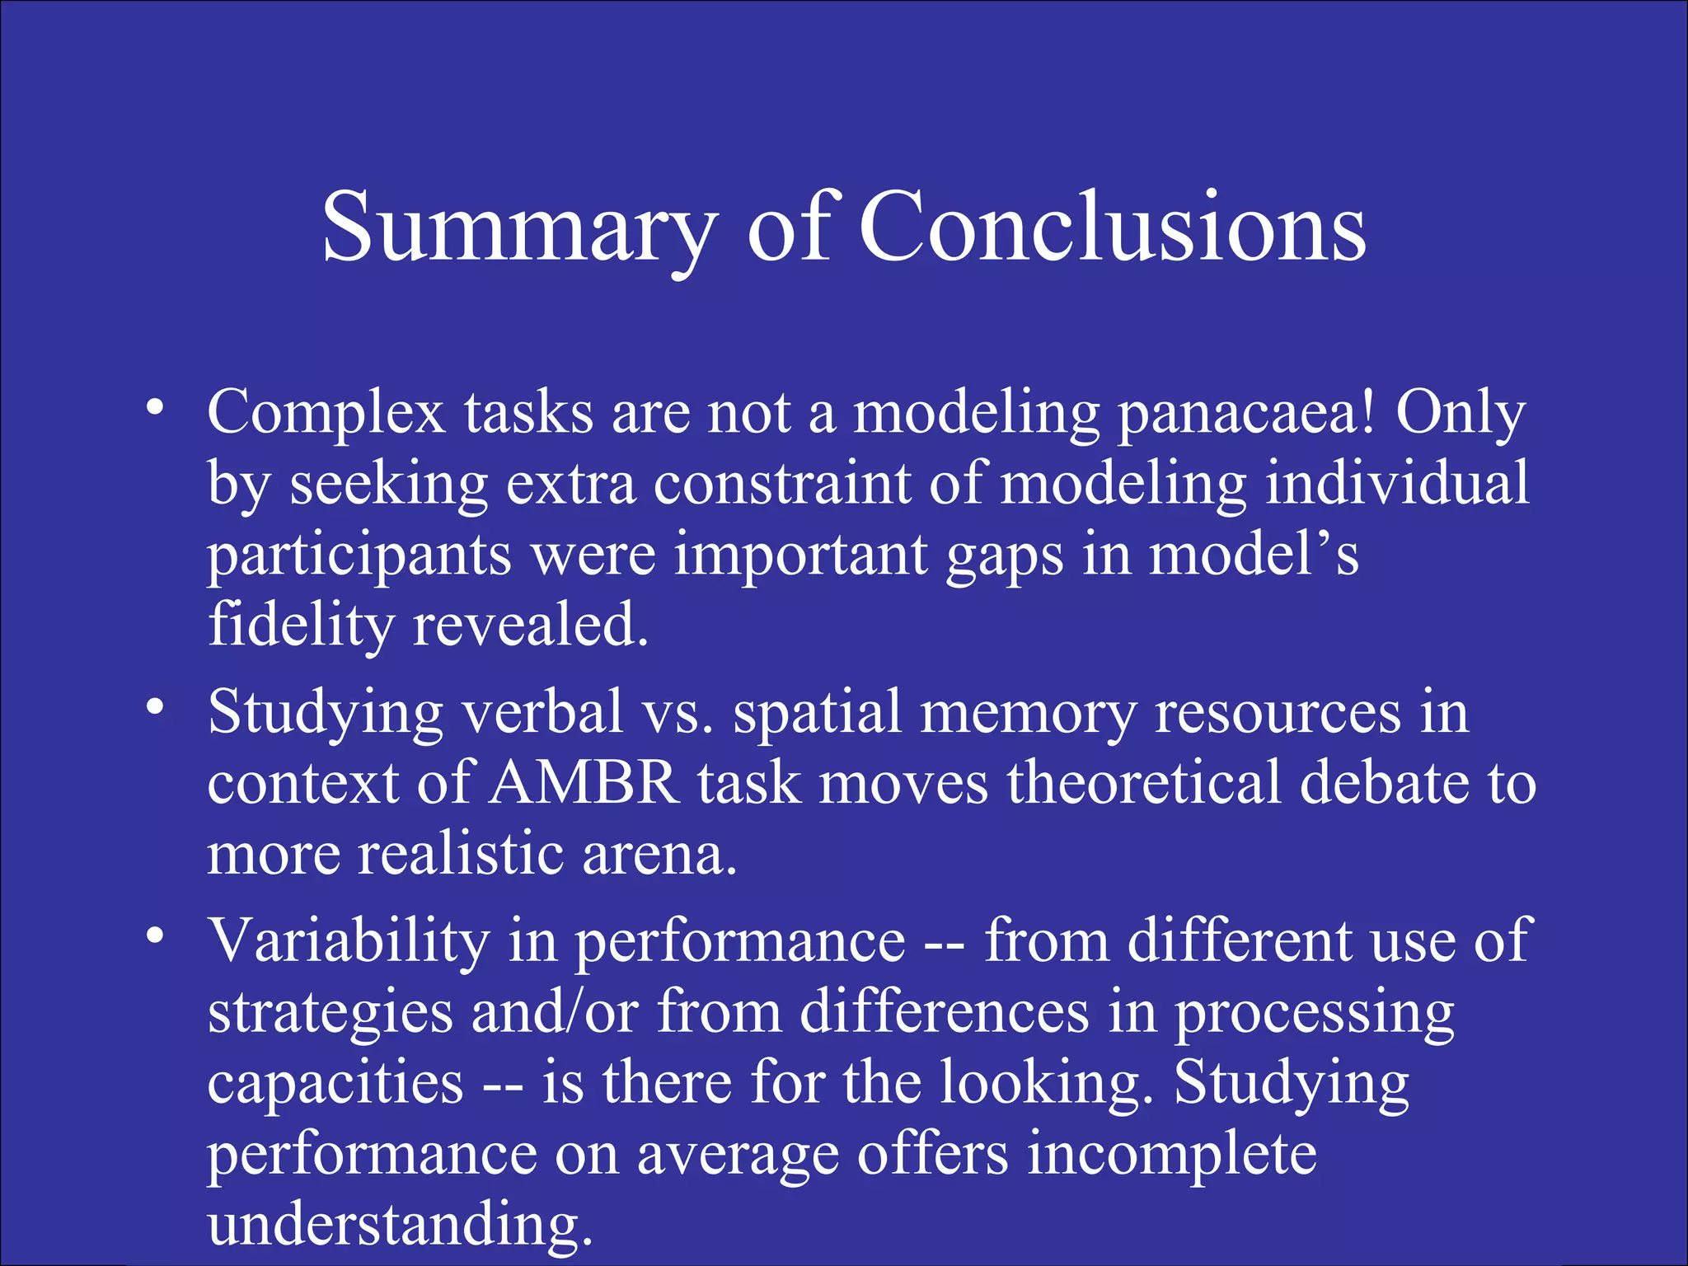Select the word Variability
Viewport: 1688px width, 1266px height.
349,940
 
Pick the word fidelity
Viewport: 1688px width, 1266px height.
300,625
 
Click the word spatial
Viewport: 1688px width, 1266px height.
817,712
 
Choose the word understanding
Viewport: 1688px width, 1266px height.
400,1225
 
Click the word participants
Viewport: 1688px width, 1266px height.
359,556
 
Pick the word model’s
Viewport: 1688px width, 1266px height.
1253,554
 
